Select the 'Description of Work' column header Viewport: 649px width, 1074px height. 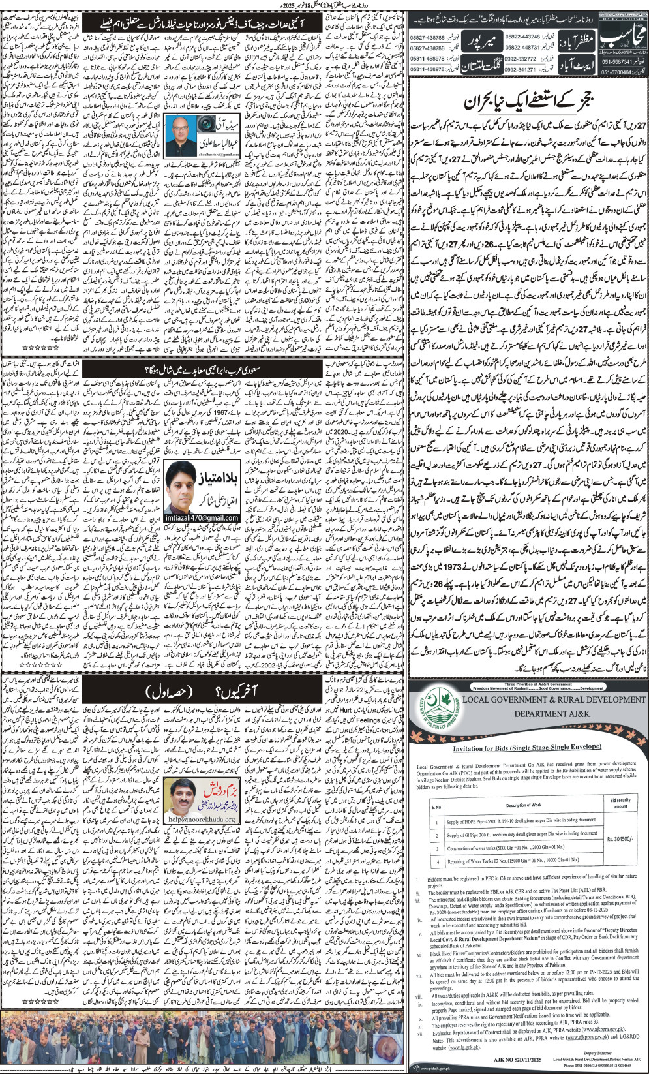point(523,805)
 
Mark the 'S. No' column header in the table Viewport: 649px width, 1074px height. point(436,806)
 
